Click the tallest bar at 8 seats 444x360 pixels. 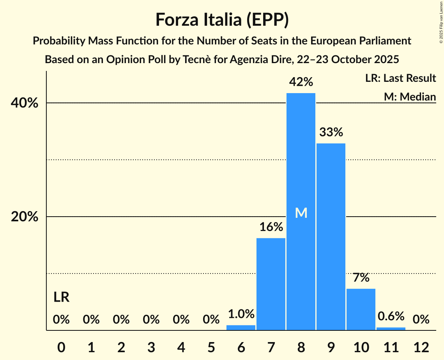[301, 156]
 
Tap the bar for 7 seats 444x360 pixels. [271, 284]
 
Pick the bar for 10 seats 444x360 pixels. [361, 309]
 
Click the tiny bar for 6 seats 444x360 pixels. [241, 328]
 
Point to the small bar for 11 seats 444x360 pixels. [391, 329]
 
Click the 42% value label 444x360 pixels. [301, 82]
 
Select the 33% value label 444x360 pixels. [331, 132]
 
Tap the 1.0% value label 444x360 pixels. [241, 314]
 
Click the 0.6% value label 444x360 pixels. [391, 316]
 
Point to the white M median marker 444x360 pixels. [301, 213]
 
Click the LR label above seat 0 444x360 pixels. [61, 298]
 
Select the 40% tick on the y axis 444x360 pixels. [25, 103]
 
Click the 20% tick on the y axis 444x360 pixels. [25, 217]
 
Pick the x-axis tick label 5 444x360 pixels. [211, 347]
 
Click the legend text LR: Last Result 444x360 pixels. [400, 78]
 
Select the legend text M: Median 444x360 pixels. [409, 97]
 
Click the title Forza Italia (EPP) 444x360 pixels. [222, 19]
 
